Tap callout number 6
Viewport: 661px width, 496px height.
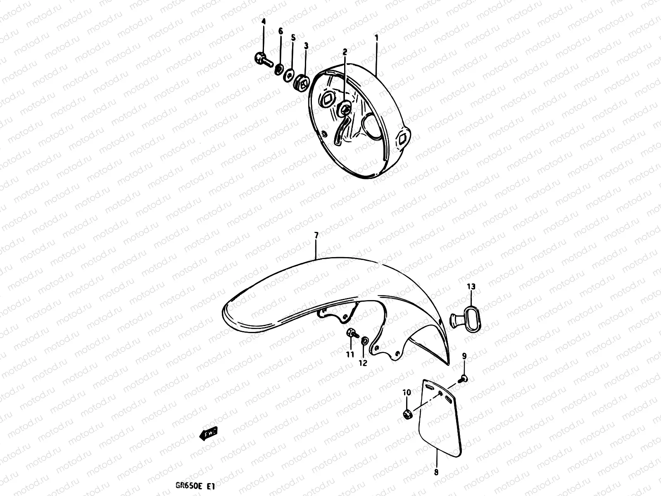point(281,31)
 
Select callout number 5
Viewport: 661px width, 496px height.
point(293,38)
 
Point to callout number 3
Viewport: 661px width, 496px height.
point(306,45)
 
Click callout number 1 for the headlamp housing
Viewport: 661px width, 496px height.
point(376,38)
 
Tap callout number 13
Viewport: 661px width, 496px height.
point(471,286)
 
